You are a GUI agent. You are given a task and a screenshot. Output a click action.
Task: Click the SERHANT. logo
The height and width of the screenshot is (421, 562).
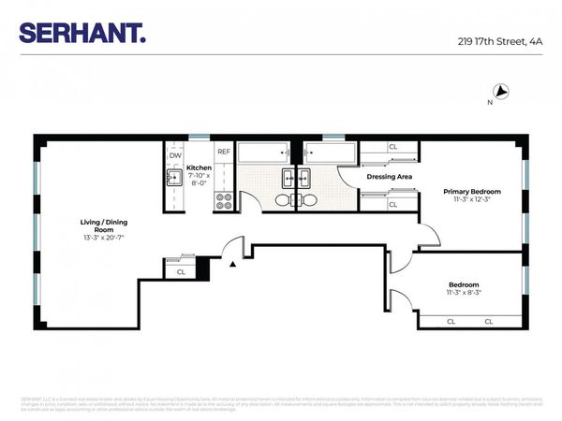click(x=82, y=34)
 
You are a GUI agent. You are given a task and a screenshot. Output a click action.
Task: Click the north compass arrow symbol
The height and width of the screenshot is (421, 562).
click(x=501, y=92)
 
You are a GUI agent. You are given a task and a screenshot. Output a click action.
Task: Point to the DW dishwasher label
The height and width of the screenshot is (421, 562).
click(x=175, y=155)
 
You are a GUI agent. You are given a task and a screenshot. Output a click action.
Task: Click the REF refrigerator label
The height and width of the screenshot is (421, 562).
click(x=224, y=152)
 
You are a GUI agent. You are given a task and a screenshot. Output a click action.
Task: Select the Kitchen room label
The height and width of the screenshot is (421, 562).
click(x=199, y=168)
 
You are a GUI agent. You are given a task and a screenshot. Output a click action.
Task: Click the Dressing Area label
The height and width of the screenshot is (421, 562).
click(x=390, y=176)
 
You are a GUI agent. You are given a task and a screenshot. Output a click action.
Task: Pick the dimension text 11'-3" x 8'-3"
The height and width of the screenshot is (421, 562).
click(x=465, y=293)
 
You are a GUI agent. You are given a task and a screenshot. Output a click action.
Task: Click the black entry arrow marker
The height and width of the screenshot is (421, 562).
click(x=232, y=265)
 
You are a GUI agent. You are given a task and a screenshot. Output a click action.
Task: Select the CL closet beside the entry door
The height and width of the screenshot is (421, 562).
click(x=181, y=271)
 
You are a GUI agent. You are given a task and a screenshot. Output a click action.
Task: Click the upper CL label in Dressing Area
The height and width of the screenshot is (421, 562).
click(x=392, y=147)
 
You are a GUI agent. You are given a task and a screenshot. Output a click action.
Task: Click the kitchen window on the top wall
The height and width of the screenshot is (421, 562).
click(x=199, y=138)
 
